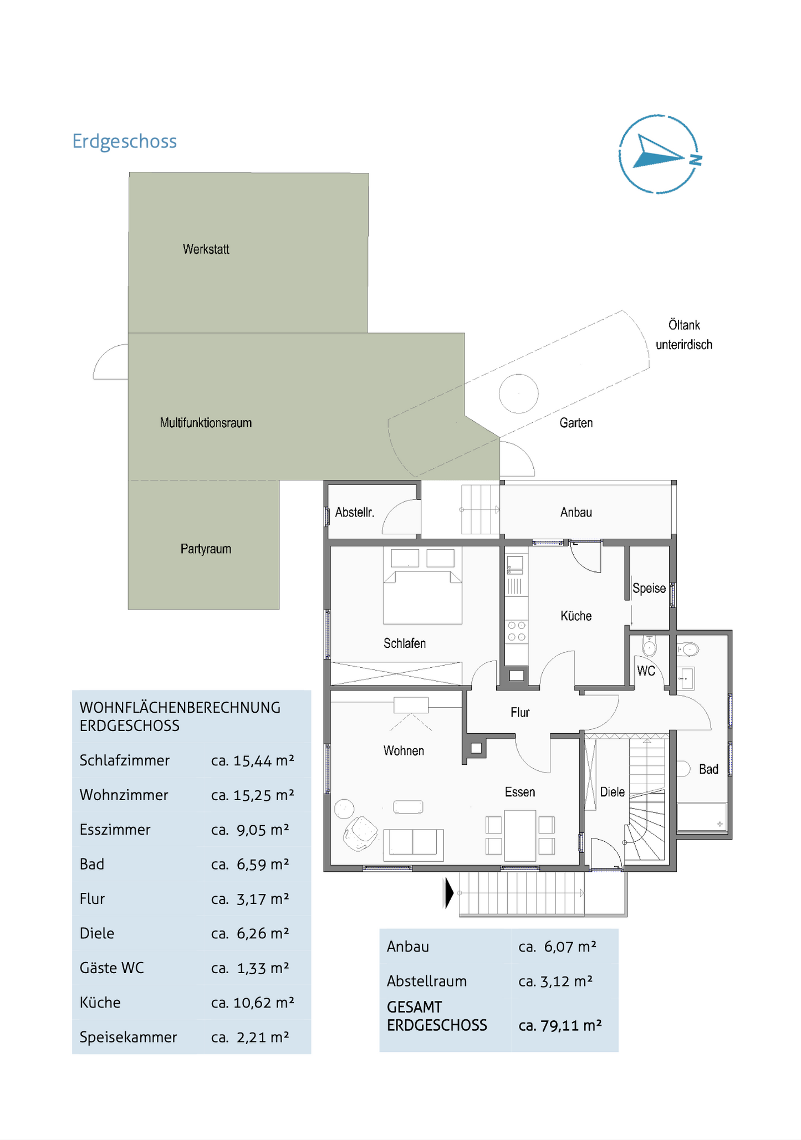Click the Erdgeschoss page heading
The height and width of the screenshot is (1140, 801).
(x=124, y=141)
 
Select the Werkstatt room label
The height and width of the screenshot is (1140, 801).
(x=206, y=249)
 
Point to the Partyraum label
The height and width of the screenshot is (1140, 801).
(x=206, y=549)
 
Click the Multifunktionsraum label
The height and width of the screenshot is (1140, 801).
(x=206, y=423)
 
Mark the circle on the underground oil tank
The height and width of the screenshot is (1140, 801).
(x=518, y=393)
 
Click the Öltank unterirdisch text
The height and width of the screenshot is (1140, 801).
(x=683, y=335)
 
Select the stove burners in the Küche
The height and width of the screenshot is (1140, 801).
(x=517, y=631)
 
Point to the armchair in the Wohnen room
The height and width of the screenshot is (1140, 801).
(x=360, y=833)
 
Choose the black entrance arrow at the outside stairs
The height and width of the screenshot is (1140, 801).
(x=448, y=893)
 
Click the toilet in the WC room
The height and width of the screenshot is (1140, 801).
(x=649, y=646)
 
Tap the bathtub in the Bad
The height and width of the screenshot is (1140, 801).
(x=701, y=817)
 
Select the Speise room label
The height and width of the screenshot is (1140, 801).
(x=649, y=588)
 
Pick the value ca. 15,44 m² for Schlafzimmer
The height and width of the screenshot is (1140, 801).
(x=252, y=760)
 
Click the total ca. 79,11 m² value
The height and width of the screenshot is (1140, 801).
(x=560, y=1025)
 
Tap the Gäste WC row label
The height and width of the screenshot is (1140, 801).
(x=111, y=968)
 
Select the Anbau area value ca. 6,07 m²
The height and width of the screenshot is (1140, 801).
(x=557, y=947)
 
